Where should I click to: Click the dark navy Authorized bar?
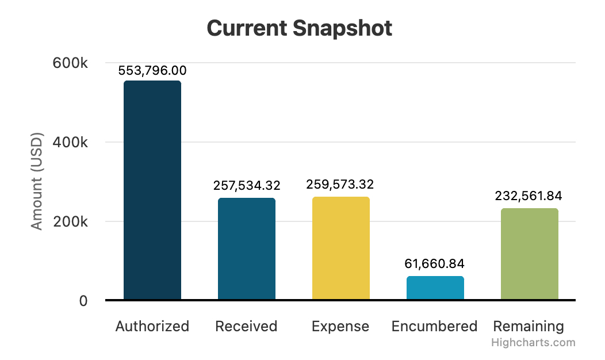point(152,190)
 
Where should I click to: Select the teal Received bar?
point(247,248)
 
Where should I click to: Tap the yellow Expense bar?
point(341,248)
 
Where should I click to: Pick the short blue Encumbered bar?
point(435,288)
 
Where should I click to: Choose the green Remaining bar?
point(530,254)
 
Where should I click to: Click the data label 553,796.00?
point(152,71)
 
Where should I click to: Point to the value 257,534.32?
point(247,186)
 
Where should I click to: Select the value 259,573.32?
point(341,185)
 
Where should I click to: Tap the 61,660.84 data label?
point(435,264)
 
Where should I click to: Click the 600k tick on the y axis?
point(70,63)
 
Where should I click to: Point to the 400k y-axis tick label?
point(70,143)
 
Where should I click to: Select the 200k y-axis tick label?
point(70,222)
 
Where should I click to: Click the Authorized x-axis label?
point(152,327)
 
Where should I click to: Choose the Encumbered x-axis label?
point(435,327)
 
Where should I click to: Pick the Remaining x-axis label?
point(529,327)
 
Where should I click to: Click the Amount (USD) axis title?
point(37,182)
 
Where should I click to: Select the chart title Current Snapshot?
point(300,28)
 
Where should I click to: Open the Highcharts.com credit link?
point(533,343)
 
